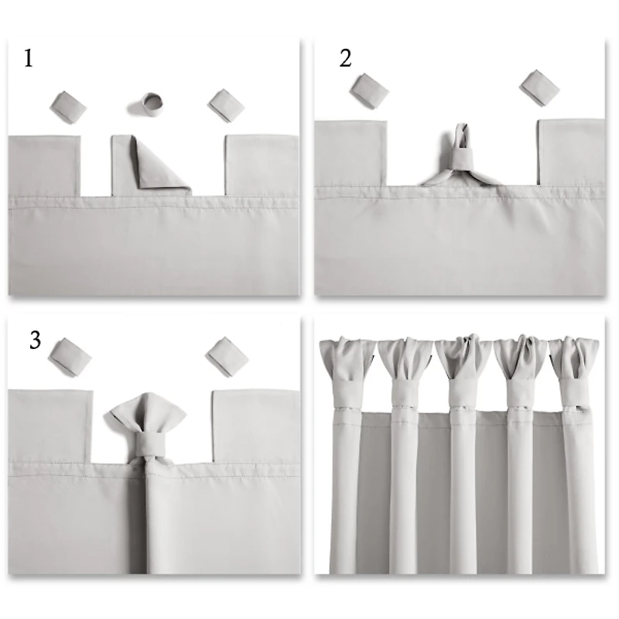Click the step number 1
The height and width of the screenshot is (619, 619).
point(29,59)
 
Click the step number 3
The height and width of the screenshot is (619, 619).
point(35,340)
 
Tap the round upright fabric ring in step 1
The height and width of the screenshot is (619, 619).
point(152,102)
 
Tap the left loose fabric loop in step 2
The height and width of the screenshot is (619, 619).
point(368,89)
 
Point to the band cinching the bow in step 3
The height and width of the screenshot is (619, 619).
point(144,448)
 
